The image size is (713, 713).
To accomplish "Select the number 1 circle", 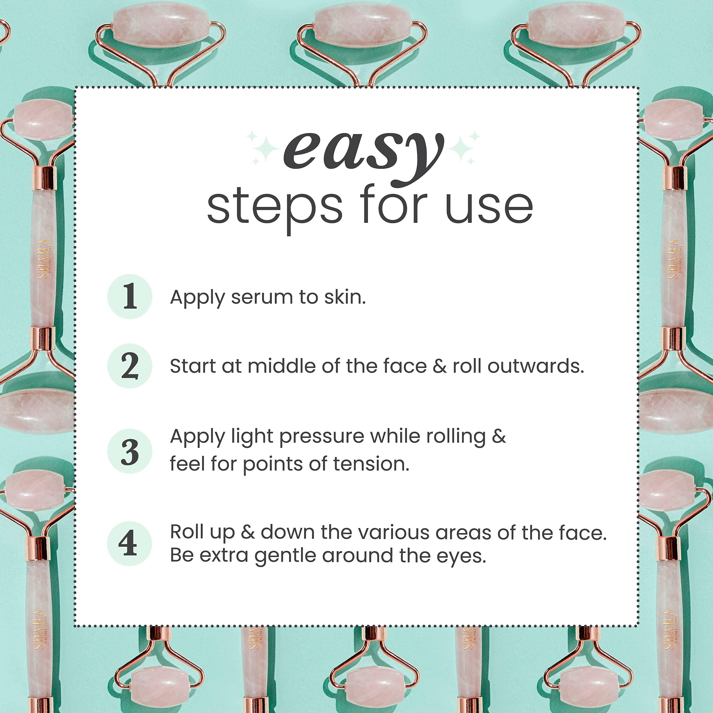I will click(130, 296).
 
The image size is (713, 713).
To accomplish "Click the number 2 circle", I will click(130, 366).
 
